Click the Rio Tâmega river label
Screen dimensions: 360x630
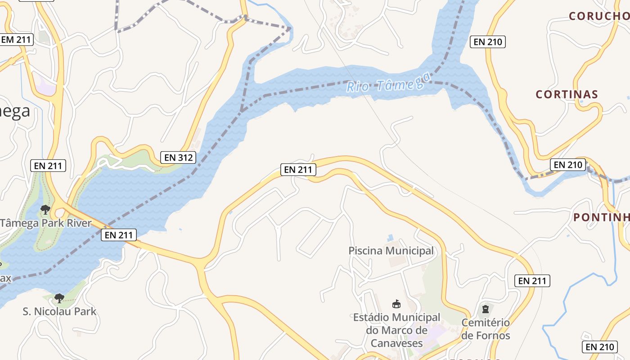(385, 84)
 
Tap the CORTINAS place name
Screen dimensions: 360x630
(567, 94)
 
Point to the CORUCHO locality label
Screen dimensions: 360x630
(598, 16)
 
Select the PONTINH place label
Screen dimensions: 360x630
(601, 217)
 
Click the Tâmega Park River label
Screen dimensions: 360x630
(45, 223)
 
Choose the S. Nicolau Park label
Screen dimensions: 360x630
(59, 311)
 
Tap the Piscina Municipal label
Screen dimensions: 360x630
(391, 251)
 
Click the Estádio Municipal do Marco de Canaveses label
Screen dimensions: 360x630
(396, 330)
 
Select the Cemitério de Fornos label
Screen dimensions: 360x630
(486, 329)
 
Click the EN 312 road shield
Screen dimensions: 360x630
(179, 157)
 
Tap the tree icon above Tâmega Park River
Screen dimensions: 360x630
(45, 209)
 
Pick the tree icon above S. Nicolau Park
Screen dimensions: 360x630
(59, 298)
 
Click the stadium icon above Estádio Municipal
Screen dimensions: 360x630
(396, 304)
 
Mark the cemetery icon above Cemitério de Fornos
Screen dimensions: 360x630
(486, 309)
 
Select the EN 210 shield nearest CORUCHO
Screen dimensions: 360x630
(488, 42)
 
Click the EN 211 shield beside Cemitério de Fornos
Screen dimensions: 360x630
(532, 281)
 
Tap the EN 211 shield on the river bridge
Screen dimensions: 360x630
(118, 234)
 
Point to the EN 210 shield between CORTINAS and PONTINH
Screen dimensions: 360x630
(568, 165)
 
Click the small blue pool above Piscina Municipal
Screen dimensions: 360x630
(390, 237)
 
